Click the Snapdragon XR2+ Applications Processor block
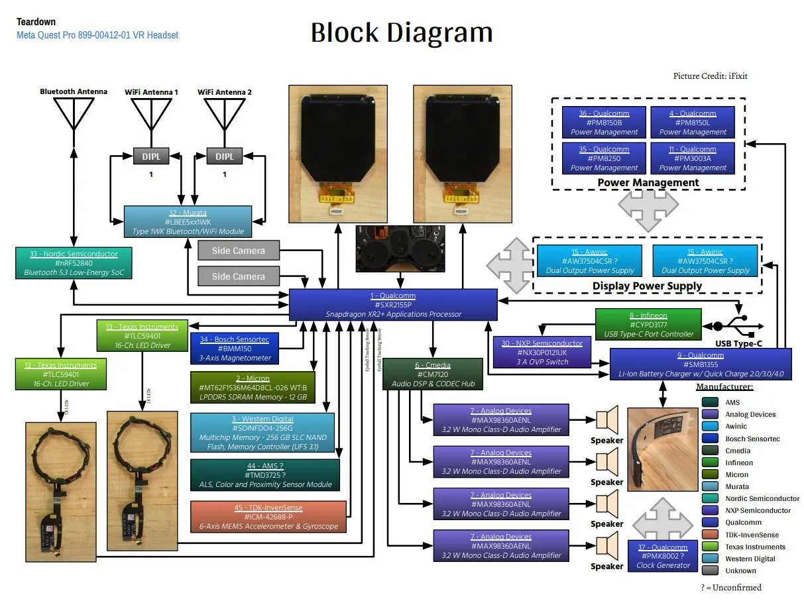(x=393, y=305)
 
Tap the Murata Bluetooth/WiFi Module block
(x=188, y=222)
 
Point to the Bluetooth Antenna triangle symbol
(x=73, y=113)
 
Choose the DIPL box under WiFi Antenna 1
(x=151, y=156)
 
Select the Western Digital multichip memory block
(x=262, y=433)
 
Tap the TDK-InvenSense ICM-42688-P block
(x=268, y=517)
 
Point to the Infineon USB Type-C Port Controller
(x=648, y=325)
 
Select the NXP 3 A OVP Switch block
(x=542, y=353)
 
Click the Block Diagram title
(x=402, y=32)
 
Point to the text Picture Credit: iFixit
(x=710, y=76)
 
